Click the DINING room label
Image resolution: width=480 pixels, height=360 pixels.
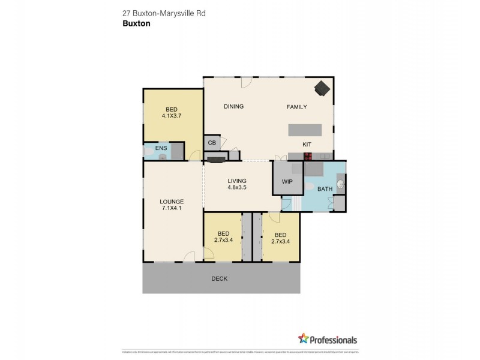[233, 107]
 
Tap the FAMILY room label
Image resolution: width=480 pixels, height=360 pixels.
[296, 107]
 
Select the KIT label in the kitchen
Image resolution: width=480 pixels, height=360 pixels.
[306, 145]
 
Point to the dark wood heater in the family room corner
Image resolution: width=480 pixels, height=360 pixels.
[322, 88]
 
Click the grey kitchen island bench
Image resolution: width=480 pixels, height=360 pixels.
[305, 130]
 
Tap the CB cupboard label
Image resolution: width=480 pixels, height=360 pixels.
[211, 143]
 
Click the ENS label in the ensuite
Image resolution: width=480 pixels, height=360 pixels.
[161, 148]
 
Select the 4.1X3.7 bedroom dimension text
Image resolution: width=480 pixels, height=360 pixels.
[172, 116]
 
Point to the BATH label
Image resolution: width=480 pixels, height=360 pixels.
[325, 190]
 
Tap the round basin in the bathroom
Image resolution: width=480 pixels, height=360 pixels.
[341, 184]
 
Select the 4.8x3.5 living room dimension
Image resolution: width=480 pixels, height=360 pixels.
[237, 187]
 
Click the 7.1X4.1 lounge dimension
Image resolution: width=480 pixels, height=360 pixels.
[172, 208]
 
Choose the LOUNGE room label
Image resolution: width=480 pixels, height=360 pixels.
[172, 201]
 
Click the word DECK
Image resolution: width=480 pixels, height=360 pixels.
[220, 278]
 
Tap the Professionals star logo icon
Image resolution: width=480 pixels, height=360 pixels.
[303, 339]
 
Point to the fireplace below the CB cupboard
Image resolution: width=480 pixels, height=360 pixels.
[216, 158]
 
